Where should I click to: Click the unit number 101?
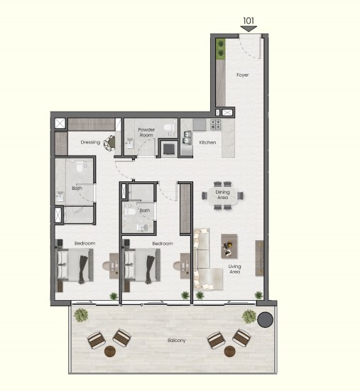click(249, 21)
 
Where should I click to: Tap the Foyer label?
click(242, 75)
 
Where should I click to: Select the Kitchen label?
click(207, 142)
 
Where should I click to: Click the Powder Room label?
click(146, 132)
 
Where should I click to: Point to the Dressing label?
click(90, 142)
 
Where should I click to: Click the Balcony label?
click(176, 341)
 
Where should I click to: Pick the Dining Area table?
click(222, 195)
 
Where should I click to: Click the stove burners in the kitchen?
click(215, 124)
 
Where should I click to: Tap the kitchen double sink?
click(187, 138)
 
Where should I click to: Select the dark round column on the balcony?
click(265, 319)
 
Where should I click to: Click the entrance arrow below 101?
click(249, 29)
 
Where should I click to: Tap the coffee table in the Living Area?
click(229, 246)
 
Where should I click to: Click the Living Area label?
click(235, 269)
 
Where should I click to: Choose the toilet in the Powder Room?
click(169, 127)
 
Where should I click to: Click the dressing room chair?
click(109, 143)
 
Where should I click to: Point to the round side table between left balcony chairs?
click(110, 351)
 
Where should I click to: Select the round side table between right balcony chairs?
click(229, 351)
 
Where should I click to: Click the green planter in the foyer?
click(221, 49)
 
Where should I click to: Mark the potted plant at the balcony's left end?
click(81, 315)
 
